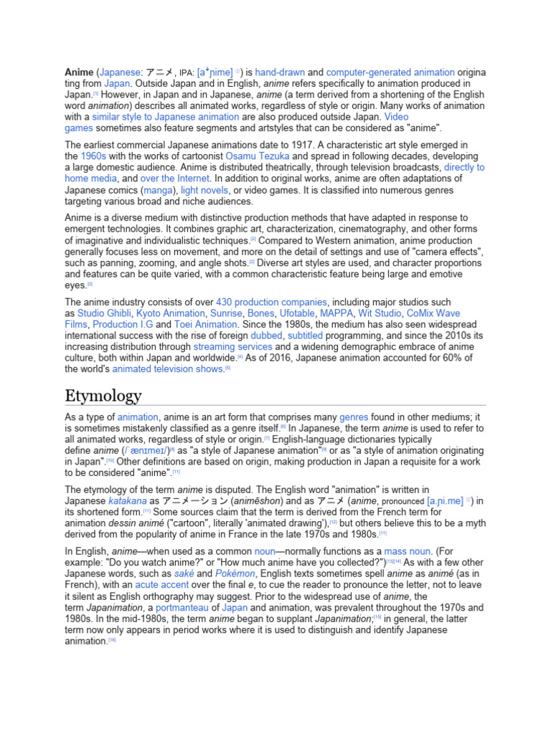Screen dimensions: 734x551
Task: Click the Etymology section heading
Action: coord(103,396)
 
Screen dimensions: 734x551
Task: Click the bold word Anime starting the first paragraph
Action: coord(79,72)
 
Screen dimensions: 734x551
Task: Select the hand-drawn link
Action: coord(280,72)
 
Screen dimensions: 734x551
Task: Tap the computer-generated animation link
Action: coord(390,72)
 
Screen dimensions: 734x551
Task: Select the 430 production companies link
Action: coord(272,302)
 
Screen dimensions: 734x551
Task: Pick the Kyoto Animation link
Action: coord(170,313)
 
